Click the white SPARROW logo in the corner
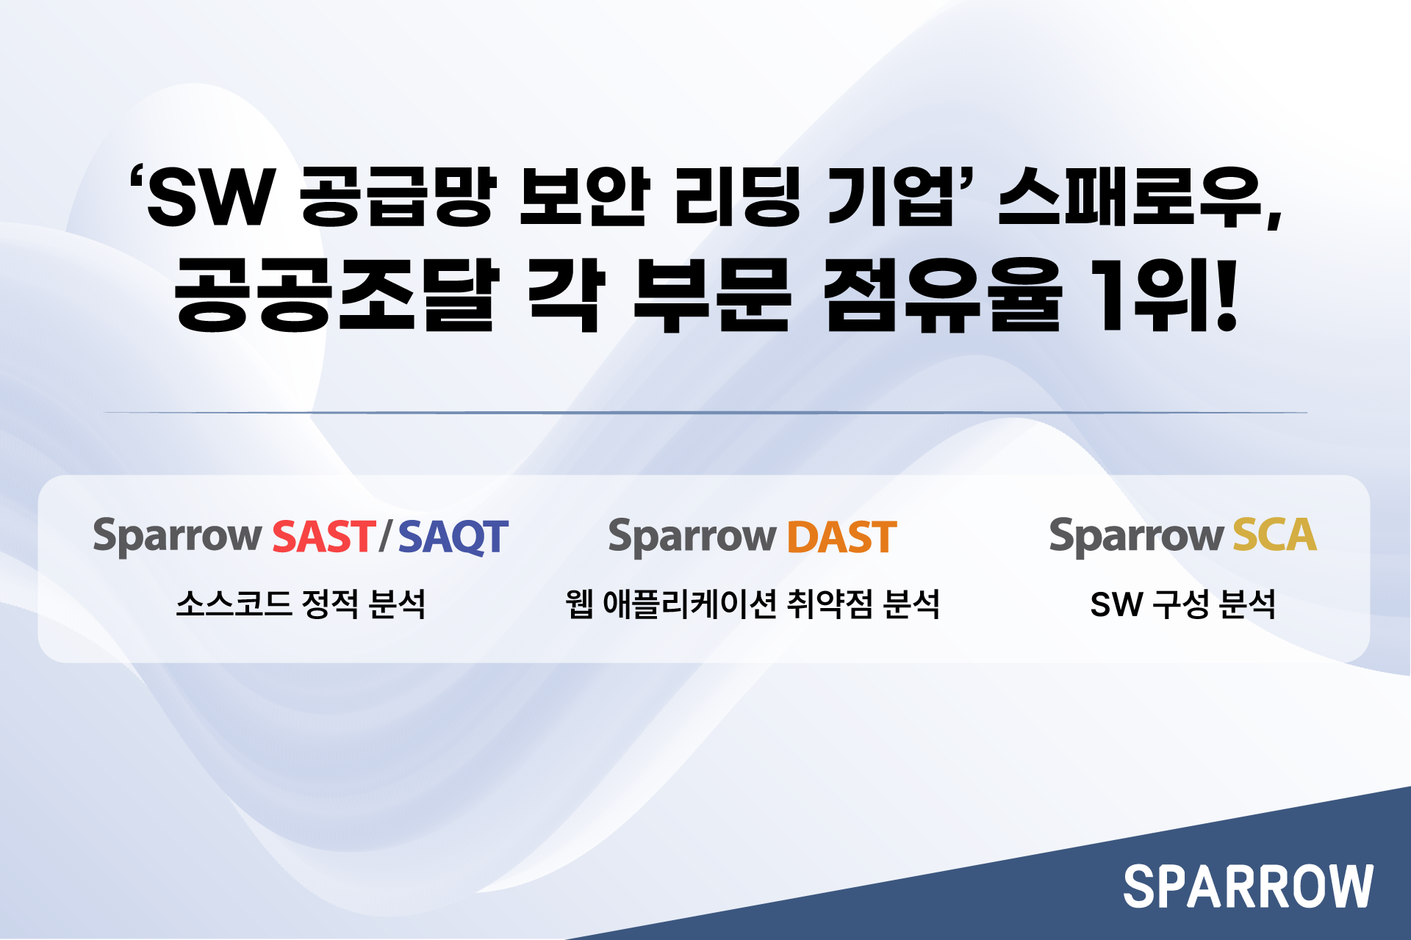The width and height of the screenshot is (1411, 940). [x=1248, y=886]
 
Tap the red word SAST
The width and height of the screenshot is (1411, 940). [x=324, y=537]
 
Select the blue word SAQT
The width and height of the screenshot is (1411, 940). [x=453, y=538]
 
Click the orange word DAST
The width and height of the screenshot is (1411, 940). [x=842, y=537]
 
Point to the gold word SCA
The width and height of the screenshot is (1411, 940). [x=1274, y=535]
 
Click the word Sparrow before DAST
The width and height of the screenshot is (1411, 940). [x=692, y=538]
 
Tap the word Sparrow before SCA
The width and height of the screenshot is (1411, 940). [x=1135, y=536]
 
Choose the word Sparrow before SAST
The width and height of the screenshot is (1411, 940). [x=177, y=537]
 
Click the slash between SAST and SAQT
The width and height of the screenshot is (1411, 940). [x=387, y=537]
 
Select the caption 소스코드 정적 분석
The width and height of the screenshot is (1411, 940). [x=301, y=604]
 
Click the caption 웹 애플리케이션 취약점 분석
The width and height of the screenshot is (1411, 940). [x=753, y=604]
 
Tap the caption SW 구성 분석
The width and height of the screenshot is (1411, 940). [x=1182, y=604]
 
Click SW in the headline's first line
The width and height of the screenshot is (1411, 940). [x=211, y=197]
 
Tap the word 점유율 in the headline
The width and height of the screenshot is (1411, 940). [x=943, y=294]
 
